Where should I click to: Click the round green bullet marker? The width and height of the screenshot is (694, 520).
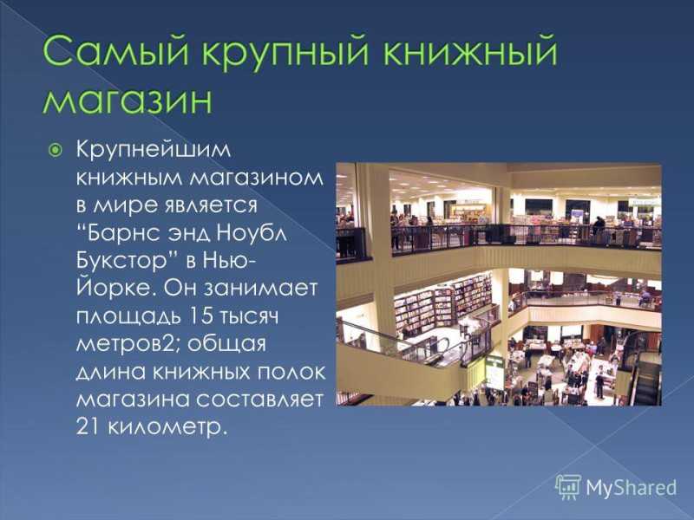pyautogui.click(x=56, y=151)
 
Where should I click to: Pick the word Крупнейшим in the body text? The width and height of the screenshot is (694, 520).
pyautogui.click(x=154, y=150)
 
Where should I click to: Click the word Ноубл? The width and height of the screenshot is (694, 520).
pyautogui.click(x=251, y=233)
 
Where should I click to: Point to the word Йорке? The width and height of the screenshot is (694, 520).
pyautogui.click(x=117, y=287)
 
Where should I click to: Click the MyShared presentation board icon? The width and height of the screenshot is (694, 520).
pyautogui.click(x=568, y=487)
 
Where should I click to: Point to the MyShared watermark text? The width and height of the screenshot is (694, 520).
pyautogui.click(x=632, y=487)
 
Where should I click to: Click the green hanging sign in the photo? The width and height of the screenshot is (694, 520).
pyautogui.click(x=494, y=373)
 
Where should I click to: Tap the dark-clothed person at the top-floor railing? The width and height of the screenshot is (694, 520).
pyautogui.click(x=598, y=226)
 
